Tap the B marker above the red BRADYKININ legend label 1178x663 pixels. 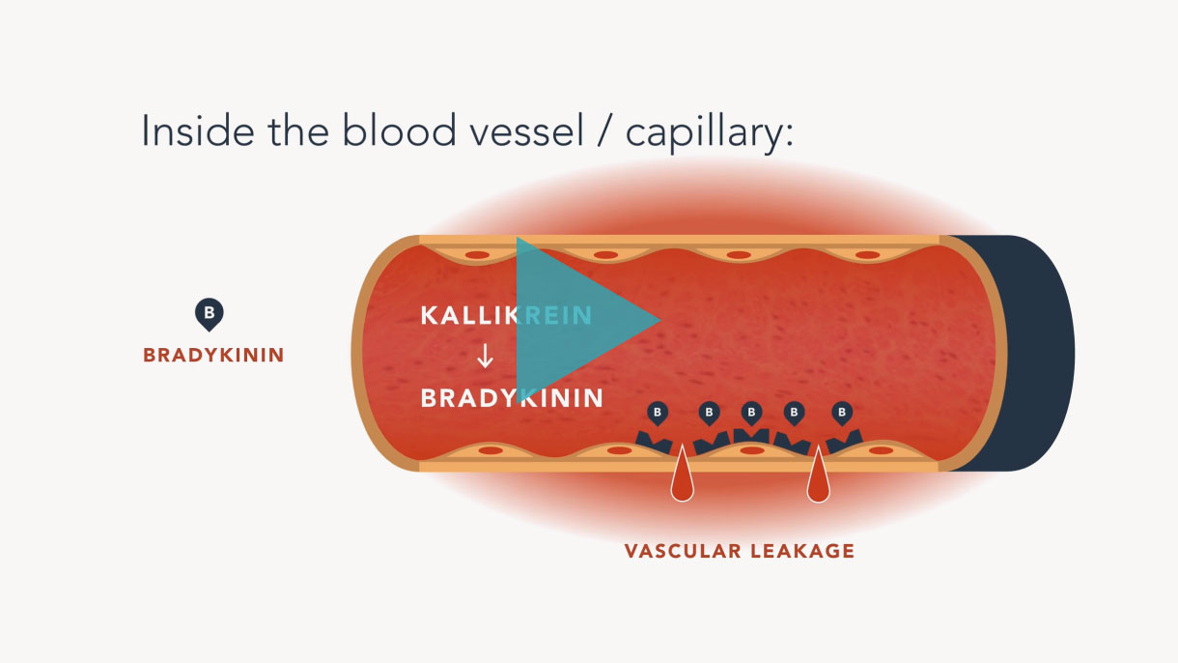coord(210,314)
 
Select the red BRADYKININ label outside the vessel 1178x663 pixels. coord(213,356)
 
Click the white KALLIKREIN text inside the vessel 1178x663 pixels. coord(506,316)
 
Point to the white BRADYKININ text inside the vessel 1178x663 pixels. coord(512,398)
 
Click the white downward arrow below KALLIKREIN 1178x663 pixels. coord(485,356)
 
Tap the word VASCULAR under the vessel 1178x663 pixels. coord(683,551)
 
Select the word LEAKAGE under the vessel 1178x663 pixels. coord(802,551)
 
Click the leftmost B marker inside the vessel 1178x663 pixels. coord(658,413)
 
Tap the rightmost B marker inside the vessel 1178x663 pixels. coord(842,413)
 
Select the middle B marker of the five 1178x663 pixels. coord(751,413)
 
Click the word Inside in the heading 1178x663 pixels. coord(199,130)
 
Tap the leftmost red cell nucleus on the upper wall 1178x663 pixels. coord(477,255)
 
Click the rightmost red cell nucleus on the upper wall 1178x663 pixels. coord(868,255)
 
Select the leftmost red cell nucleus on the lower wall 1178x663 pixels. coord(491,450)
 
